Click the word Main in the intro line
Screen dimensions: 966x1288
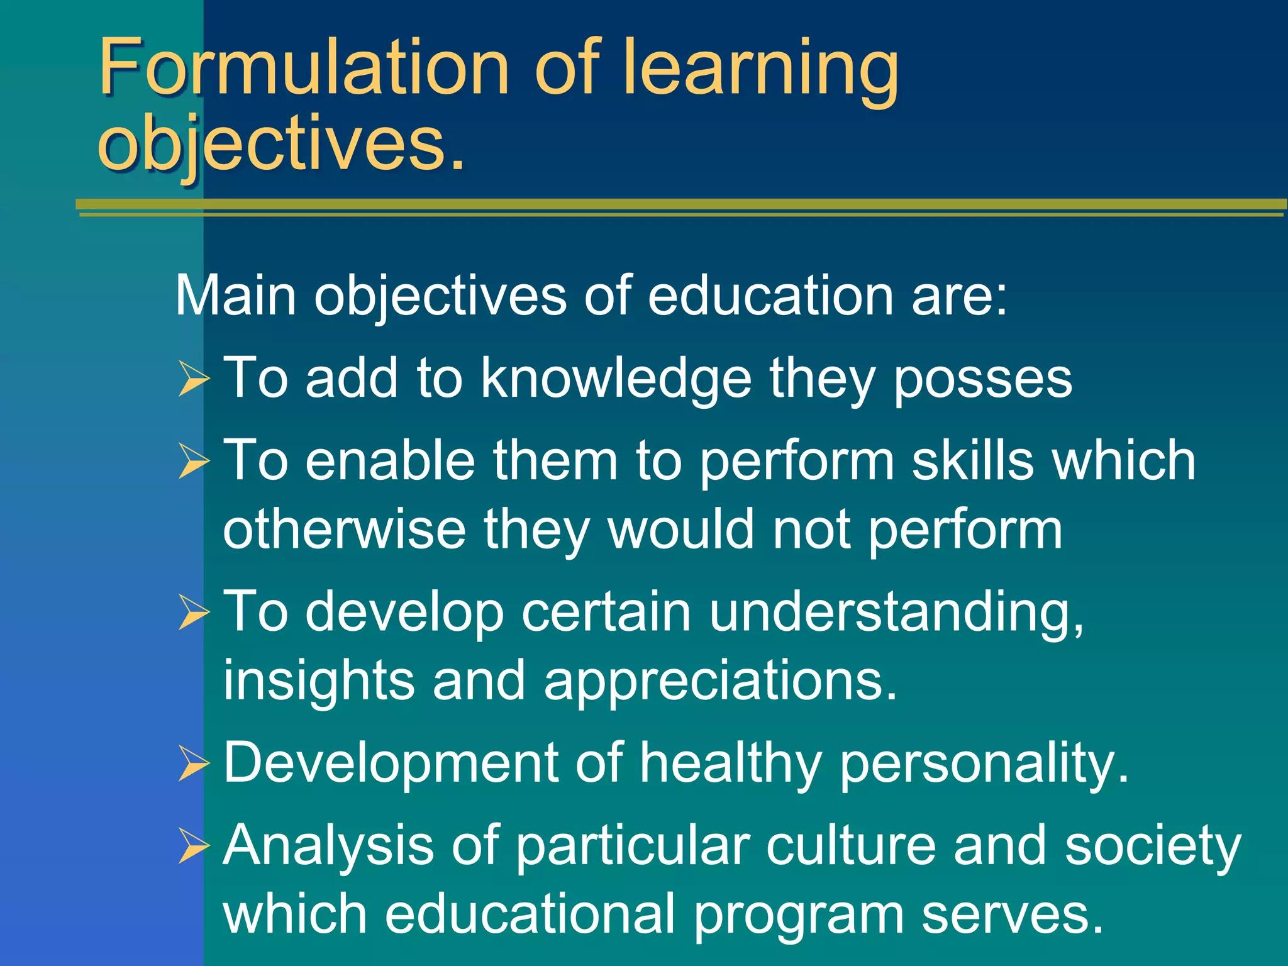[235, 295]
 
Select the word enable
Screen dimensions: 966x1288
[390, 460]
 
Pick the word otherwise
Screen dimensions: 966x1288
[344, 530]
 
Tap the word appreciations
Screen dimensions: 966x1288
[720, 682]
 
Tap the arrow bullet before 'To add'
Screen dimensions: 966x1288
[192, 379]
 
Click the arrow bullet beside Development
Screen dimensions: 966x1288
[192, 763]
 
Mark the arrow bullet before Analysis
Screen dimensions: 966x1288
[192, 846]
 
